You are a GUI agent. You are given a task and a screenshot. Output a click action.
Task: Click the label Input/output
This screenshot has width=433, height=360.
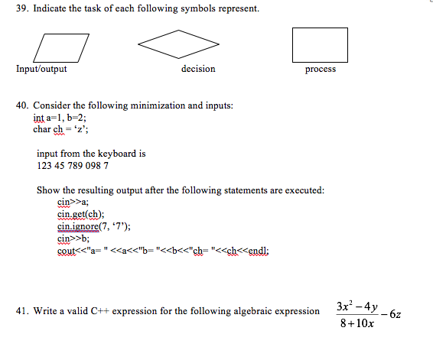[41, 70]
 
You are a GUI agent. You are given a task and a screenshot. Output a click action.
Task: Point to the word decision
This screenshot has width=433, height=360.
[198, 70]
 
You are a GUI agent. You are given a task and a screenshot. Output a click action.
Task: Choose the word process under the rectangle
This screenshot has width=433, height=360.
[320, 70]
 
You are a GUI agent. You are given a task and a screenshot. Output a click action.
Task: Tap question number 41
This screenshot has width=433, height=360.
[22, 311]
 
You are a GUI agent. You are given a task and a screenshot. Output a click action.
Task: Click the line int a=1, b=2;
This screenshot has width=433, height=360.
[60, 117]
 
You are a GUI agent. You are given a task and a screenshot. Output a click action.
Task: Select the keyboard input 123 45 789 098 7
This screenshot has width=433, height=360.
[73, 165]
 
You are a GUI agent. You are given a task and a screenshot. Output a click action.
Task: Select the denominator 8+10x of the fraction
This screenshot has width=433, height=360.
[354, 323]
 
